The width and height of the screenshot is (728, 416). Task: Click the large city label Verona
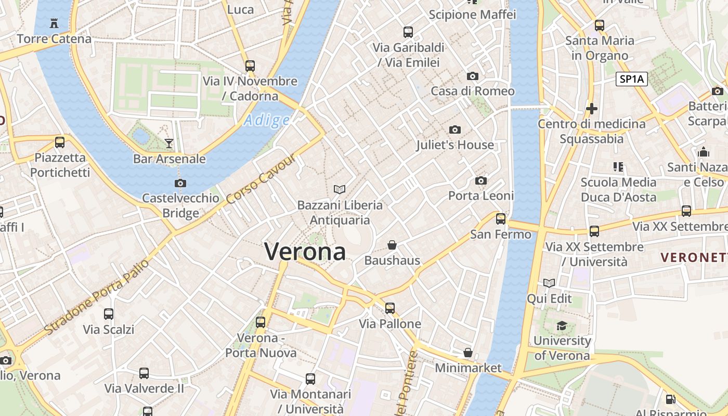pos(305,252)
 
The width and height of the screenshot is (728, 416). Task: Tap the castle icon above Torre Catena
pos(54,23)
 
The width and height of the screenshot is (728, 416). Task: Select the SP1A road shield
pos(632,79)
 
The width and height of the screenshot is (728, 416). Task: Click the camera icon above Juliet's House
pos(455,129)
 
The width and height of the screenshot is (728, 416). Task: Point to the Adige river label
pos(267,121)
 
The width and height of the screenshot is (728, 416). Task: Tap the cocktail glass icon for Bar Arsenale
pos(169,143)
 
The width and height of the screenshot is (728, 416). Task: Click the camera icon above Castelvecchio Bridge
pos(180,183)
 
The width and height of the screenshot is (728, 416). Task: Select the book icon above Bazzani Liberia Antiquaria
pos(340,189)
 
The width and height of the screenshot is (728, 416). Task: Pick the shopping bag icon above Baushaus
pos(392,245)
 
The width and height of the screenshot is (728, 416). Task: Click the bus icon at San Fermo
pos(501,219)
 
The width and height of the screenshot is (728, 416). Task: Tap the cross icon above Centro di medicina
pos(591,109)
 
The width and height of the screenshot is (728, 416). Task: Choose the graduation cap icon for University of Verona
pos(562,326)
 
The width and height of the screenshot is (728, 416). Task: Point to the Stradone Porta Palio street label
pos(97,296)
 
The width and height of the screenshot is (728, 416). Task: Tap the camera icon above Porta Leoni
pos(481,180)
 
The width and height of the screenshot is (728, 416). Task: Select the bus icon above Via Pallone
pos(390,308)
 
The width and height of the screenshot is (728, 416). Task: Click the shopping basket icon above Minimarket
pos(468,353)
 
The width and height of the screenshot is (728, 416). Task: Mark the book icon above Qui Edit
pos(549,283)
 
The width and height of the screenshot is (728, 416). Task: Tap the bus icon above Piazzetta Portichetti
pos(60,142)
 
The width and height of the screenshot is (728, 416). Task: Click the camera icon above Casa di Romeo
pos(473,76)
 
